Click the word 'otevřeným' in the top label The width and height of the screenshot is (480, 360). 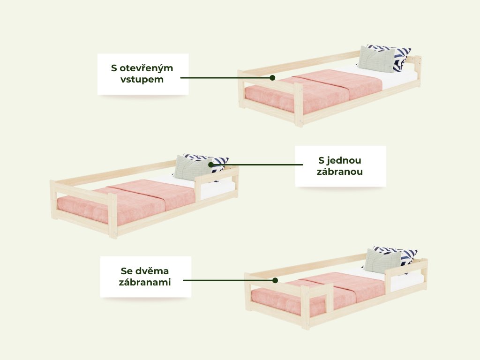[146, 68]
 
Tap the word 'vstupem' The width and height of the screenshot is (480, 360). [142, 79]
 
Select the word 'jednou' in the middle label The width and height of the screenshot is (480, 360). [344, 160]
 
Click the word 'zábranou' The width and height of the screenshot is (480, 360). [340, 172]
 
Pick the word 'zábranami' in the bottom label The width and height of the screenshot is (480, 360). [145, 282]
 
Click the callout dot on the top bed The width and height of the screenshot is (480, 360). [272, 78]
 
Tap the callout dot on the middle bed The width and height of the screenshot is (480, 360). [210, 165]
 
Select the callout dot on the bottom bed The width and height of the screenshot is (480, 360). [275, 280]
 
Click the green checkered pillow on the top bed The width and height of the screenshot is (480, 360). [376, 59]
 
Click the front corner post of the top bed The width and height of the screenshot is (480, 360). [299, 105]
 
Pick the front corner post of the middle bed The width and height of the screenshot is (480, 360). [112, 216]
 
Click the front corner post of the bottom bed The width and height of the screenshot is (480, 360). [305, 307]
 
